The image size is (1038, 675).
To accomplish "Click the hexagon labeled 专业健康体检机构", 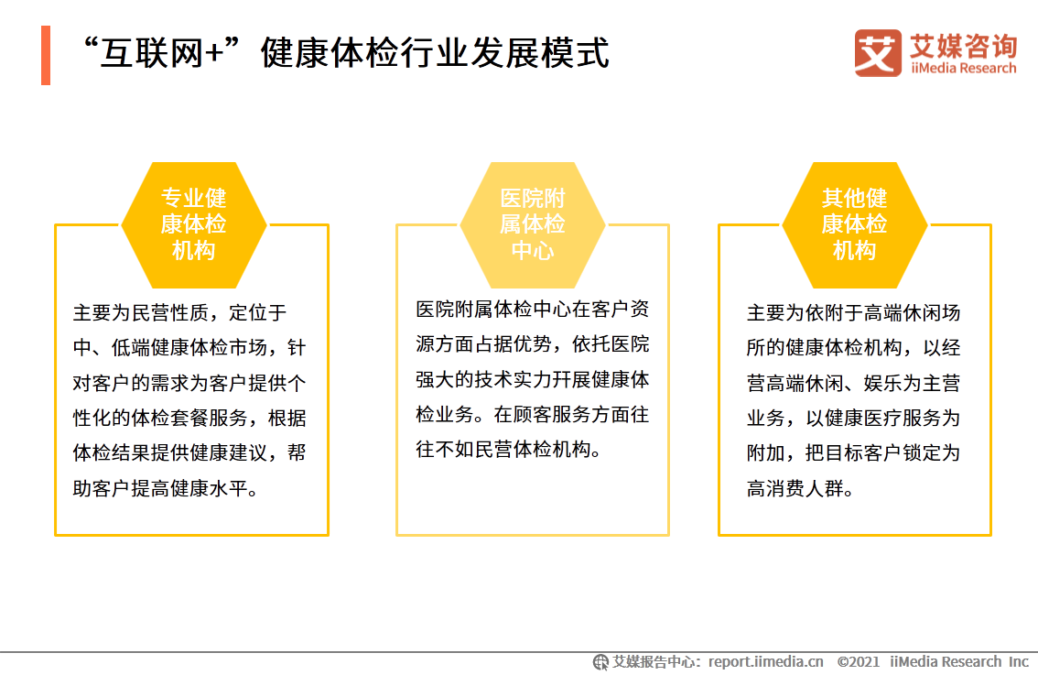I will (x=193, y=225).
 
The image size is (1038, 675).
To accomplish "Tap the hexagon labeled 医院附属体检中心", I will (x=532, y=225).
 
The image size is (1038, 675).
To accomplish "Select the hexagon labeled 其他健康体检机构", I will (x=854, y=225).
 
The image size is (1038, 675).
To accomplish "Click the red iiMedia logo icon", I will (x=878, y=53).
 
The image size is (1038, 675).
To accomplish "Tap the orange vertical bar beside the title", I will (x=46, y=55).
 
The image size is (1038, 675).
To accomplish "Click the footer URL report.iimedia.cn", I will (x=765, y=661).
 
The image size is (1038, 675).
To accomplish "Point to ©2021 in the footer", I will (x=858, y=661).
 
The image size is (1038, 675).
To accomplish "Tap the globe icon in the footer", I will (x=600, y=661).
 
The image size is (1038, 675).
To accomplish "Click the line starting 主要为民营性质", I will (x=179, y=313).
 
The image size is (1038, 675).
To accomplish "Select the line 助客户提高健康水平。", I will (x=166, y=488).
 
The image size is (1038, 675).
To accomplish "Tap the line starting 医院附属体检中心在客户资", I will (x=532, y=310).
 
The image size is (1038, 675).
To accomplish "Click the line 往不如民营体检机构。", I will (x=509, y=450).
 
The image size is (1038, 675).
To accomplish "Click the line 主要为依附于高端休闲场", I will (x=853, y=313).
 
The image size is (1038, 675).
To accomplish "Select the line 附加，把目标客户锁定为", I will (x=853, y=453).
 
